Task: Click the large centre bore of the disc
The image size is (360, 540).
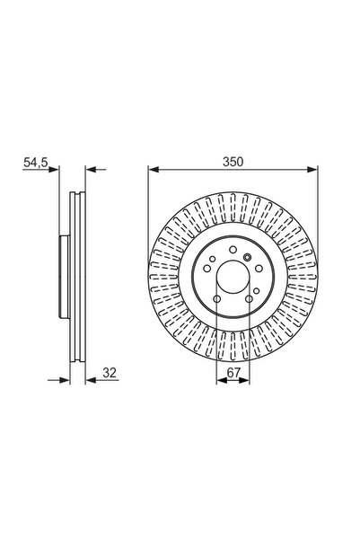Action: pos(232,277)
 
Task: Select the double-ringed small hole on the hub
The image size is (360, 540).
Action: pos(248,258)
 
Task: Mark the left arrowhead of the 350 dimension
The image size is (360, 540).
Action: pos(154,168)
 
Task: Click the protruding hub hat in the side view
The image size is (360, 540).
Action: pos(63,277)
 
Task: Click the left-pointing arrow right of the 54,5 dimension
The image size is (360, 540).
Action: pos(91,168)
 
